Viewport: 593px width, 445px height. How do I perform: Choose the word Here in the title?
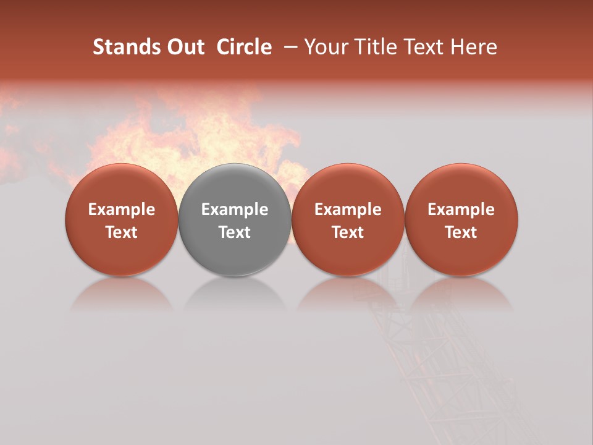(x=474, y=47)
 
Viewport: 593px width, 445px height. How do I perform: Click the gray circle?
(x=235, y=219)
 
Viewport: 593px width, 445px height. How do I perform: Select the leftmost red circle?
(x=121, y=219)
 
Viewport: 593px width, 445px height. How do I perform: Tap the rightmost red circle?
(x=461, y=219)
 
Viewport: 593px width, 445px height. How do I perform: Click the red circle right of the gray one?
(x=348, y=219)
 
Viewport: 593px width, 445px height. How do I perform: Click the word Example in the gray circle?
(x=235, y=210)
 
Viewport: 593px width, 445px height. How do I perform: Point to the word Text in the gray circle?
(x=235, y=232)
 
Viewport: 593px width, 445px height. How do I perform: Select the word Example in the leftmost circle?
(x=121, y=210)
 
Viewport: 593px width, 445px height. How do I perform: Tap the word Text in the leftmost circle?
(x=121, y=232)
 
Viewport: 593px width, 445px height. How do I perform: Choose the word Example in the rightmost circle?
(x=461, y=210)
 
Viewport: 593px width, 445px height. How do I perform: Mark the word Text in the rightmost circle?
(x=461, y=232)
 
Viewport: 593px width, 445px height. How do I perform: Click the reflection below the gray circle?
(x=235, y=295)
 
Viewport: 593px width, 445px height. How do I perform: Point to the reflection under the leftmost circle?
(x=121, y=295)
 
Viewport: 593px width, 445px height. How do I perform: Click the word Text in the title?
(x=423, y=47)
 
